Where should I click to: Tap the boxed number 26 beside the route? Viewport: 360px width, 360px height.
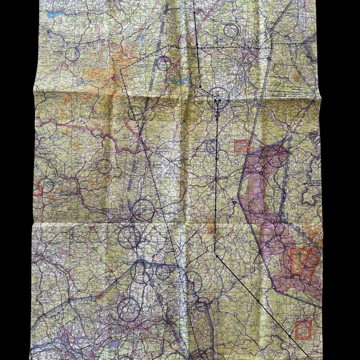click(x=197, y=56)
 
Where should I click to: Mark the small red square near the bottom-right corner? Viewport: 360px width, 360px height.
click(x=303, y=329)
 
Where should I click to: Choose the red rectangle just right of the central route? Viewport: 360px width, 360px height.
click(x=242, y=145)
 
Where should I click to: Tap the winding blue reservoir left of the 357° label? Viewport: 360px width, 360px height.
click(x=176, y=81)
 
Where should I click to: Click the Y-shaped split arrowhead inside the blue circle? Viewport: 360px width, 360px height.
click(x=218, y=99)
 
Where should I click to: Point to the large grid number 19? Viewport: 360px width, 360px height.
click(x=265, y=327)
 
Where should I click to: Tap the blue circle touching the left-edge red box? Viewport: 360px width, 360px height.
click(x=46, y=185)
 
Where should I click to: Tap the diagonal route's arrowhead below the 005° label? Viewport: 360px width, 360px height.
click(x=217, y=255)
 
